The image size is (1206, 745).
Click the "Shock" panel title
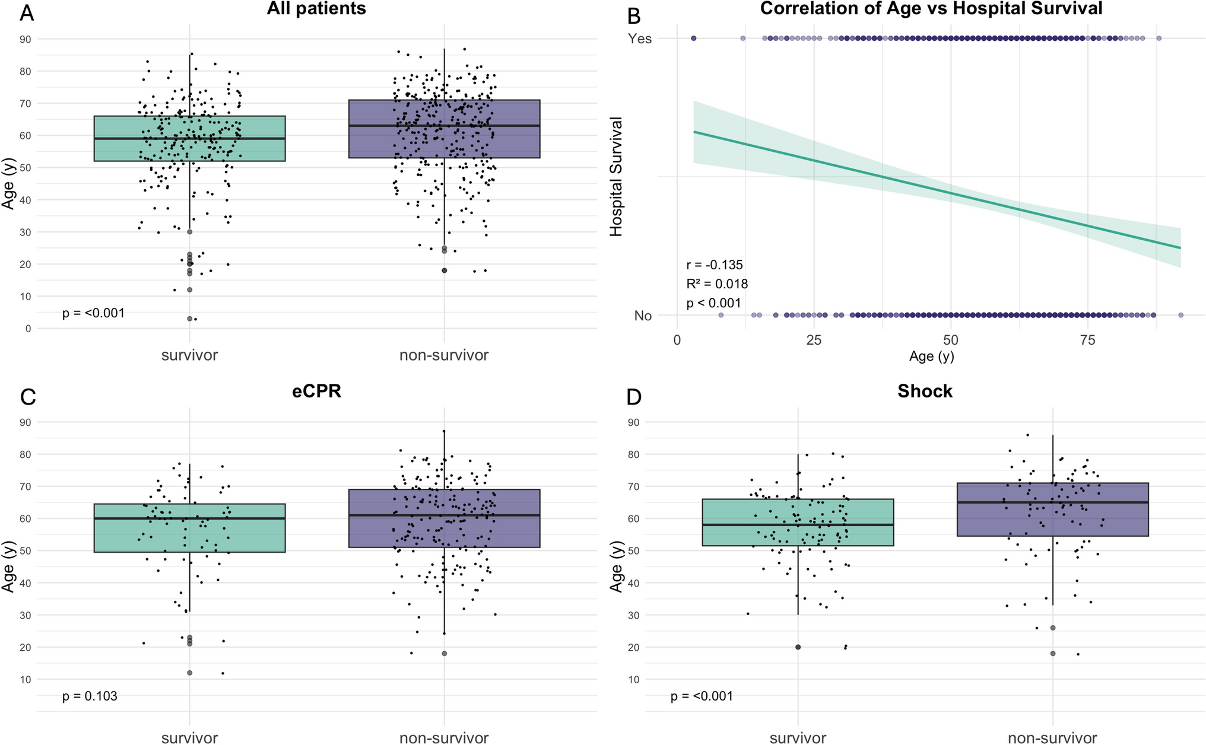[925, 391]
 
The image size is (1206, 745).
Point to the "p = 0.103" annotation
[90, 696]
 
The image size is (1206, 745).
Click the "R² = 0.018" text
[717, 284]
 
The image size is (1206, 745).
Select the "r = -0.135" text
[714, 265]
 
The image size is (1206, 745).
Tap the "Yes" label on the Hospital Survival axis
[640, 39]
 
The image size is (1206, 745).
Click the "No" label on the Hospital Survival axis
[643, 316]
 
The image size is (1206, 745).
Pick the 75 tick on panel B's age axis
[1087, 340]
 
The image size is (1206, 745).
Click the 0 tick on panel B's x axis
[677, 340]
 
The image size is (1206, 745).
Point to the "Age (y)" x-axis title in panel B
[931, 356]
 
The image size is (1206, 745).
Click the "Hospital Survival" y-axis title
[617, 177]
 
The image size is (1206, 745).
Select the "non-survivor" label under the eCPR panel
[444, 738]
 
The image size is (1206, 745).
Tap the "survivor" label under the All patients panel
[190, 355]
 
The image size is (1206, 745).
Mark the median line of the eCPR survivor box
[190, 518]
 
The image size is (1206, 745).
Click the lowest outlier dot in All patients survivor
[190, 319]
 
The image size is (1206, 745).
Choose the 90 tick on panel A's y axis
[26, 39]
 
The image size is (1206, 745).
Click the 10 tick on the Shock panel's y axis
[634, 679]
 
